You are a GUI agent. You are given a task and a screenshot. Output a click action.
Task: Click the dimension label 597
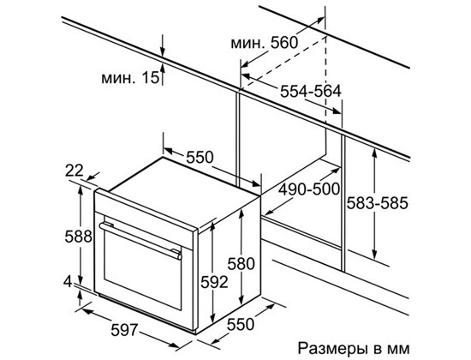pos(124,330)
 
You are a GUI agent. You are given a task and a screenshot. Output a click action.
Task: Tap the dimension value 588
pos(79,237)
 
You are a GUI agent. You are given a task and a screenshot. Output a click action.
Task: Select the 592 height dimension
pos(214,282)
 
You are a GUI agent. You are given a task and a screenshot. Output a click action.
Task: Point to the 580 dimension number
pos(241,264)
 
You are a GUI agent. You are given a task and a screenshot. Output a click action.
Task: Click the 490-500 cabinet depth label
pos(309,189)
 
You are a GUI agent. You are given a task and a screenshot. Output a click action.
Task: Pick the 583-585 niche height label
pos(378,203)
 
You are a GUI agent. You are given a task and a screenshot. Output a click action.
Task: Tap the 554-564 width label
pos(311,91)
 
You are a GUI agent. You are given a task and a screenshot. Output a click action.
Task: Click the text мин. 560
pos(265,43)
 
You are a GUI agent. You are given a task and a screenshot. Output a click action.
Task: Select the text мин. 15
pos(130,78)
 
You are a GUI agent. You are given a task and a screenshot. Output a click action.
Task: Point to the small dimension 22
pos(75,171)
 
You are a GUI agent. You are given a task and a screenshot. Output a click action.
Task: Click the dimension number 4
pos(69,282)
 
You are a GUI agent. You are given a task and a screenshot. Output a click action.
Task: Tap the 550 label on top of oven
pos(200,157)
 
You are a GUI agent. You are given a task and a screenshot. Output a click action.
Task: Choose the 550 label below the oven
pos(241,325)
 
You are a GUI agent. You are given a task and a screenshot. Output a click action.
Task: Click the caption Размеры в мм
pos(354,348)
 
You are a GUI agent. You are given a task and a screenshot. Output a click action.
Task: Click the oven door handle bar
pos(140,241)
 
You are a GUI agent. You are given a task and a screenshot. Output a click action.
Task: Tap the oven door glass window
pos(143,270)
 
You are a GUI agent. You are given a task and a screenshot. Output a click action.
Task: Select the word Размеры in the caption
pos(332,349)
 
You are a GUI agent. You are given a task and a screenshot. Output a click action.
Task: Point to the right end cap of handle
pos(180,256)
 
